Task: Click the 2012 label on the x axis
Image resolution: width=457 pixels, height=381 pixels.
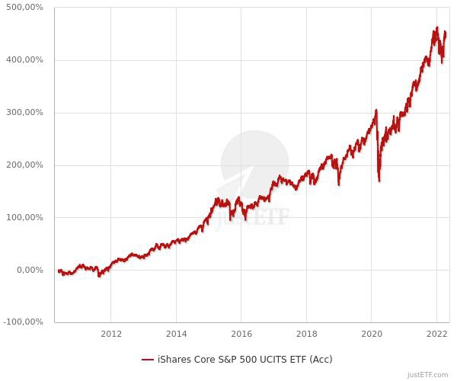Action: point(111,334)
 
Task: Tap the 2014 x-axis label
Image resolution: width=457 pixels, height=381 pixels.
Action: point(176,334)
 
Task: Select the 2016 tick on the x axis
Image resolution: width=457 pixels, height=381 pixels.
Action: point(241,334)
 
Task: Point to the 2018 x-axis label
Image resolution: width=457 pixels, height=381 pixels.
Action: point(306,334)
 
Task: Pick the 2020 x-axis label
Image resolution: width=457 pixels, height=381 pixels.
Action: point(371,334)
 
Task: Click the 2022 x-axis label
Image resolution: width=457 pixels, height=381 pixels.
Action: point(436,334)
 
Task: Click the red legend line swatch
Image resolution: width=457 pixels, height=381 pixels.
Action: point(148,360)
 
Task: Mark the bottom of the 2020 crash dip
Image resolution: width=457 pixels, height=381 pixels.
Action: point(379,181)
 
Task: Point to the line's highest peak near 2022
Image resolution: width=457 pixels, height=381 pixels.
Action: point(436,27)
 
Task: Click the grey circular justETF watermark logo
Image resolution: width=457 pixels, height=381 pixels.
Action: point(254,164)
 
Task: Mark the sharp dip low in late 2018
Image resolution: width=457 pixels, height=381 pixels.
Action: point(338,184)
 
